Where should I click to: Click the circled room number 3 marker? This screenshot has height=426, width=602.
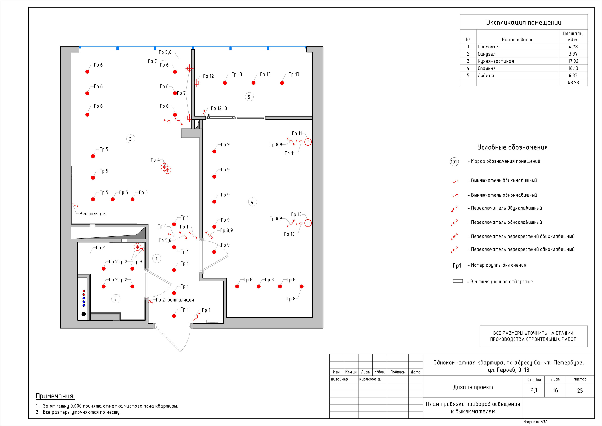point(130,139)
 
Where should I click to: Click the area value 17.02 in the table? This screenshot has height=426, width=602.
point(573,61)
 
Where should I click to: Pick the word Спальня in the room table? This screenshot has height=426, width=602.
point(486,68)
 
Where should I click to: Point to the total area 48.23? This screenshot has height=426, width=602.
point(573,83)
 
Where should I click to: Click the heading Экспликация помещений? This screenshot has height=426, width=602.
point(524,23)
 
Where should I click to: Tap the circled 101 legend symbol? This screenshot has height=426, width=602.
point(454,162)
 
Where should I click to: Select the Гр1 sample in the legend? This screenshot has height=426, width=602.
point(457,266)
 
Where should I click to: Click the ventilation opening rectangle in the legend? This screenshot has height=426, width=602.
point(458,281)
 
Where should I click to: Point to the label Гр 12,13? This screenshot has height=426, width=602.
point(219,108)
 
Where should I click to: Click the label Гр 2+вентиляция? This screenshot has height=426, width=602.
point(175,300)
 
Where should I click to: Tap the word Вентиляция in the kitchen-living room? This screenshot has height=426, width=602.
point(93,214)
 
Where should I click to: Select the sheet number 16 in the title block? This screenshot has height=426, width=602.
point(555,390)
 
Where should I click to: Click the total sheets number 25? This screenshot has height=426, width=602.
point(580,390)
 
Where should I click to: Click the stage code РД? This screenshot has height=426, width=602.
point(534,390)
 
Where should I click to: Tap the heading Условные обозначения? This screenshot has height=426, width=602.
point(512,147)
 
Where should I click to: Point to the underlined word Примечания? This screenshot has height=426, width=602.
point(55,396)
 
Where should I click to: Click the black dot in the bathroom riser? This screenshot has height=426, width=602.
point(84,314)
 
